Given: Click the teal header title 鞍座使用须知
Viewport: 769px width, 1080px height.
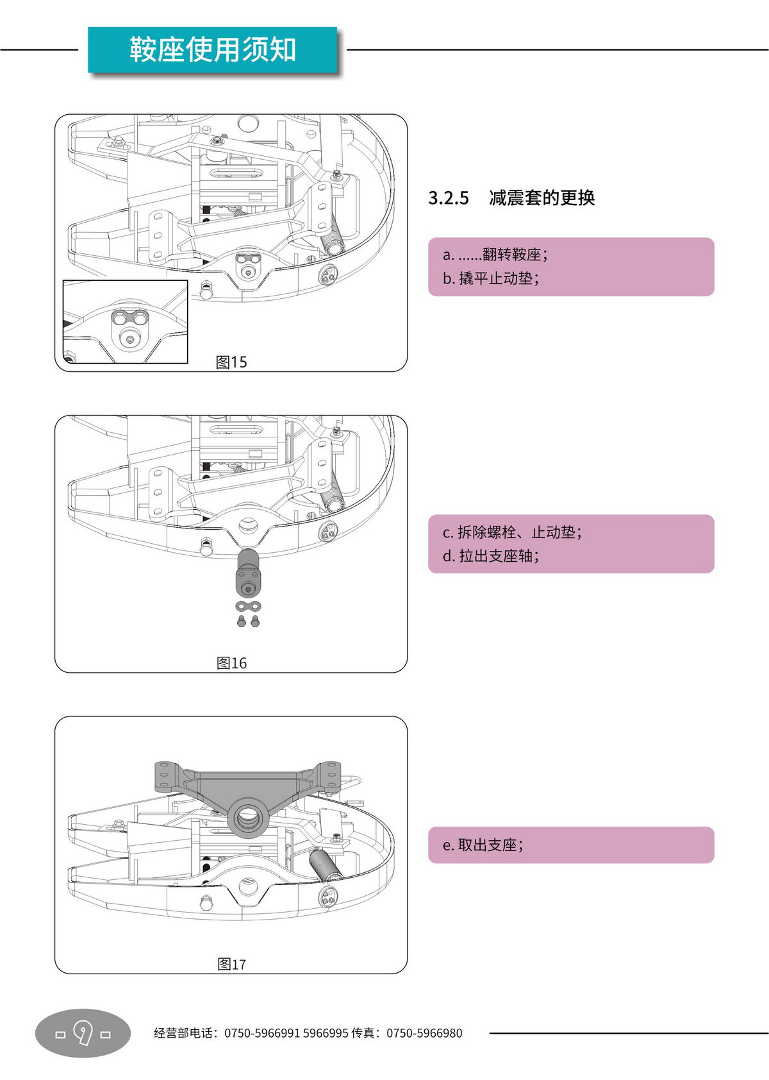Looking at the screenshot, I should point(212,50).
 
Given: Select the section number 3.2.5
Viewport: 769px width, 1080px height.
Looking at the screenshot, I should point(449,198).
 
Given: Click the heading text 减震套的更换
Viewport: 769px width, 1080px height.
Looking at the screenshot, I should point(542,198).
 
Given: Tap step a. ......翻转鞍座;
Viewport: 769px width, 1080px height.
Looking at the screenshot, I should point(495,255).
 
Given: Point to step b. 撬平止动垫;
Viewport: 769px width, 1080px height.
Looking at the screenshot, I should point(490,278).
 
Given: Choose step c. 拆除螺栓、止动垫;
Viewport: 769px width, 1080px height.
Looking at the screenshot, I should point(511,532).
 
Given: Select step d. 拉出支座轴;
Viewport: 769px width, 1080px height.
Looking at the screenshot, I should point(490,556).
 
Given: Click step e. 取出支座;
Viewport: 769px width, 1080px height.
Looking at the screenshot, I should point(483,845).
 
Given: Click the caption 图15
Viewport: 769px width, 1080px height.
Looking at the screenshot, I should point(231,362).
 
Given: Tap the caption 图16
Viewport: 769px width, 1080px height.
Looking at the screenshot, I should point(231,663).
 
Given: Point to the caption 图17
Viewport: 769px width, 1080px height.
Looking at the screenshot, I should point(231,964).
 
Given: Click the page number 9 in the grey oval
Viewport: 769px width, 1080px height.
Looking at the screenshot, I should point(83,1033).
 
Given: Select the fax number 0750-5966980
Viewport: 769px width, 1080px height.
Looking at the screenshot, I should point(424,1033).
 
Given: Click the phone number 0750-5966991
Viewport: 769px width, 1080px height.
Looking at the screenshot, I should point(261,1033).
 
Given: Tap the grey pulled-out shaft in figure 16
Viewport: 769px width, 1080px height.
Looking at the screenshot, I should point(248,573).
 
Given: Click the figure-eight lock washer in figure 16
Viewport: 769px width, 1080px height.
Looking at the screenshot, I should point(248,606).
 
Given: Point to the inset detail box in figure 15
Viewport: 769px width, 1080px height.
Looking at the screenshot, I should point(125,321).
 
